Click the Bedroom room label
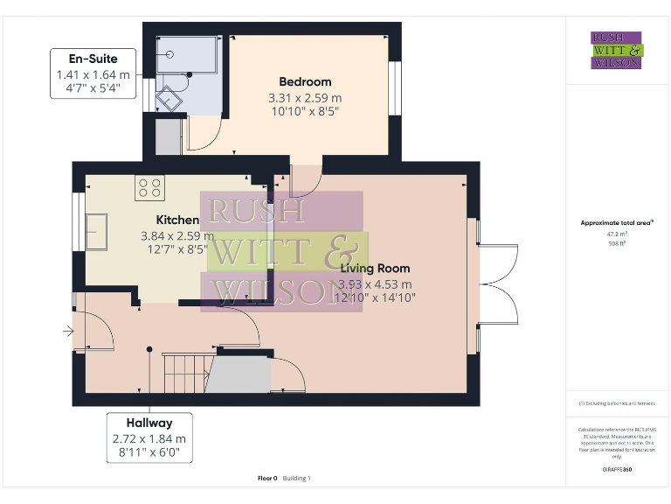click(305, 82)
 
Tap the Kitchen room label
click(177, 220)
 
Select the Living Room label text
click(375, 268)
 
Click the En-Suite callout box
click(93, 73)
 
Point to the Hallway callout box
click(149, 437)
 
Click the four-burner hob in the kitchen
click(149, 187)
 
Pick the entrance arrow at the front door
click(68, 332)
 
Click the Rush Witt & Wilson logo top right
click(616, 50)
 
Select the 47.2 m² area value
click(617, 234)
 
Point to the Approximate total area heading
click(617, 223)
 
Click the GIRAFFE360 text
click(617, 470)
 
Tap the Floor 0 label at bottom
click(267, 478)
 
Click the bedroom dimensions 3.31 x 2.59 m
click(305, 98)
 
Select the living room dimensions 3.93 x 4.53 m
click(375, 283)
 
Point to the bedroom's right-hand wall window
click(394, 87)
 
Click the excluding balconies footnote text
click(617, 403)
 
